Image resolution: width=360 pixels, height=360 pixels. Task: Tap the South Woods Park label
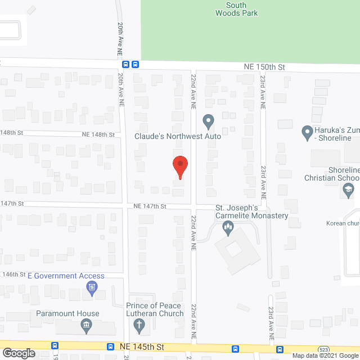click(236, 9)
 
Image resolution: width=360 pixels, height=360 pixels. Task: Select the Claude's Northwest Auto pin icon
click(208, 120)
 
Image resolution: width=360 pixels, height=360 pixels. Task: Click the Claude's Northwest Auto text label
click(177, 136)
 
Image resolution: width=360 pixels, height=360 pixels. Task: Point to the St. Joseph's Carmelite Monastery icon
click(228, 228)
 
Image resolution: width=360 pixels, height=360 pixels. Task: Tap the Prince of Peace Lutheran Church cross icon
click(139, 324)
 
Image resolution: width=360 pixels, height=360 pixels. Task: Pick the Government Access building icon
click(91, 289)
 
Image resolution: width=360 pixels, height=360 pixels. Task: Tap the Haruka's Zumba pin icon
click(307, 133)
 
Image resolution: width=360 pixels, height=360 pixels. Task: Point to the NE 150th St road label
click(264, 66)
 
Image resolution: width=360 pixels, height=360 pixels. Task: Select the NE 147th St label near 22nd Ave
click(148, 206)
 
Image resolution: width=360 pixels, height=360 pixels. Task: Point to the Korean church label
click(342, 223)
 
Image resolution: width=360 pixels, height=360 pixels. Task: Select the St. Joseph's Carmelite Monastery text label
click(252, 211)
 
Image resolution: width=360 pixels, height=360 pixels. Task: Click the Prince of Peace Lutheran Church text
click(155, 309)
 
